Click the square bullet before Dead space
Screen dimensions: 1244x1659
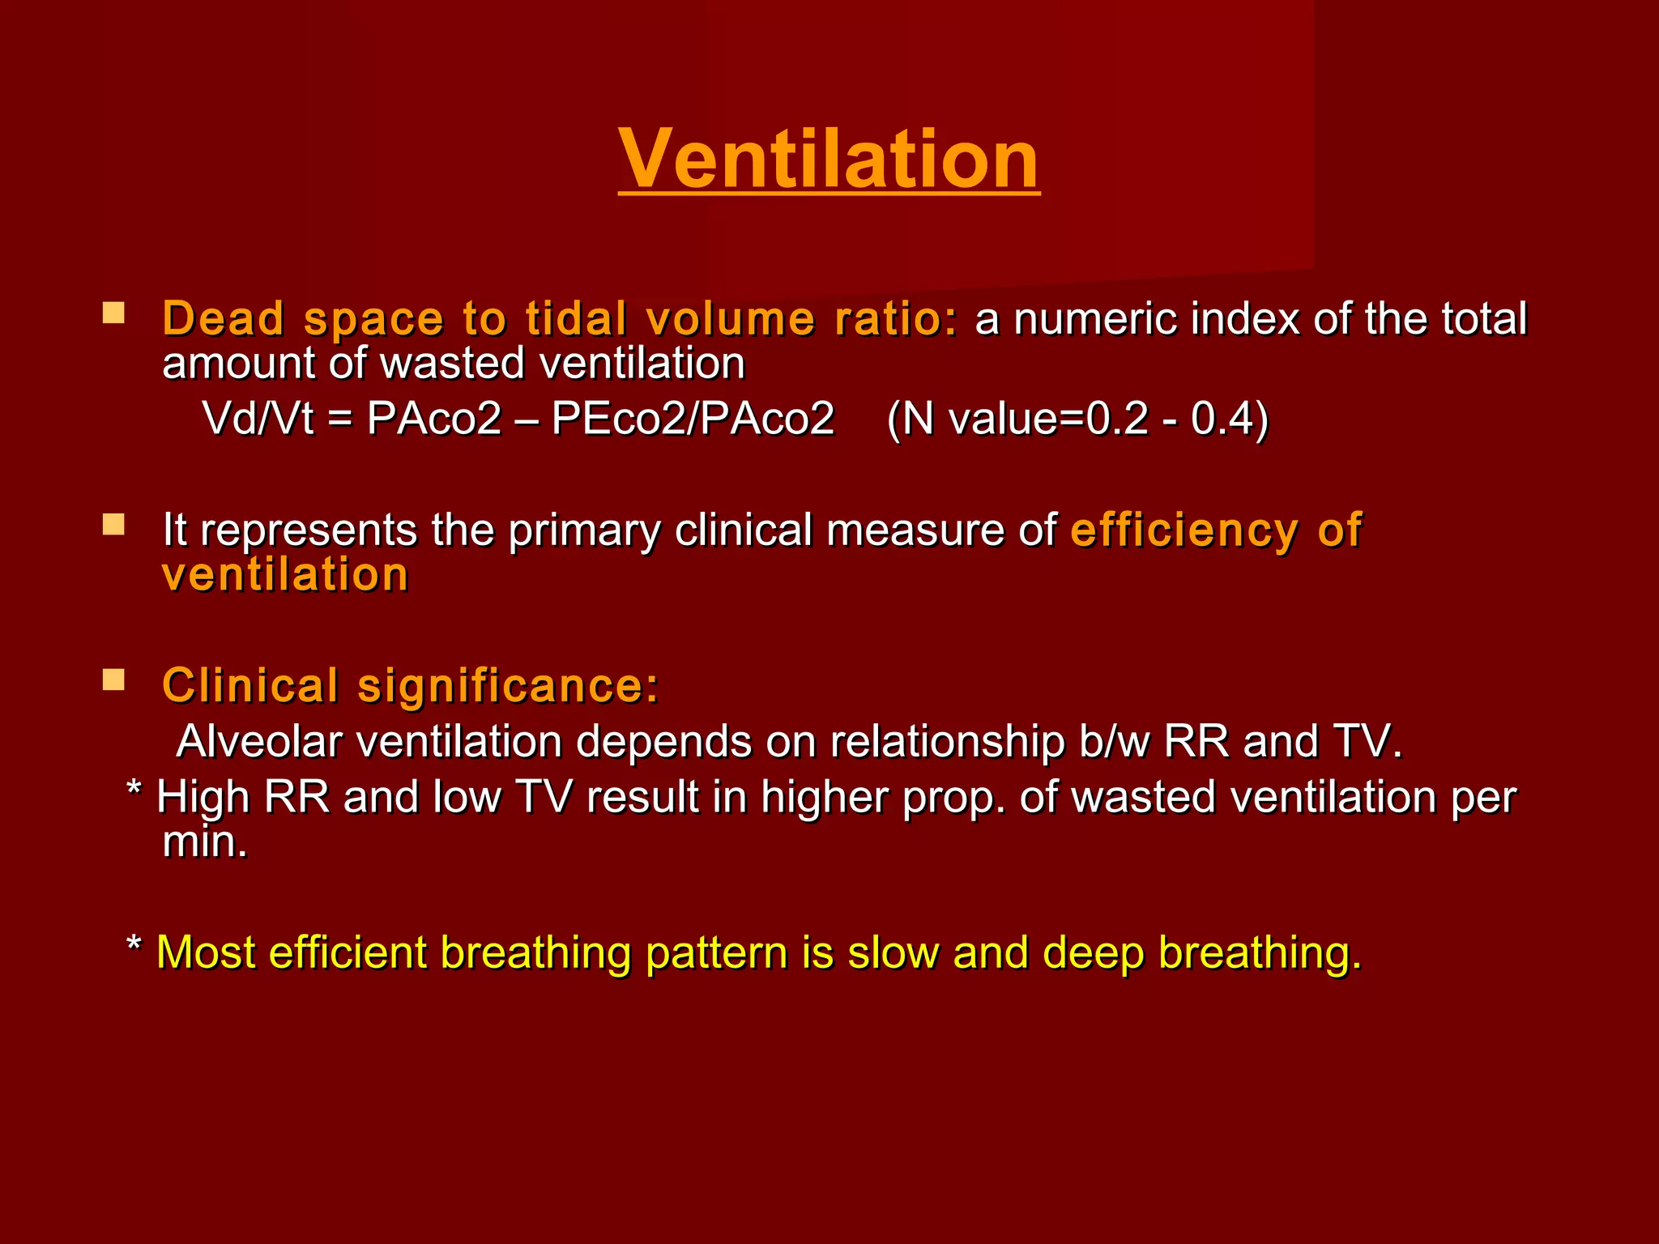[x=113, y=313]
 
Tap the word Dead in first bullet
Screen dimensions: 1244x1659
[x=223, y=318]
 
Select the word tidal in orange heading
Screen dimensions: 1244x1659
[x=575, y=318]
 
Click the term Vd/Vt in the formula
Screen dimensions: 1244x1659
[x=258, y=419]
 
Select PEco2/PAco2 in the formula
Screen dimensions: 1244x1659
[x=693, y=419]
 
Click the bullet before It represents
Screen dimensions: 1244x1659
[x=113, y=525]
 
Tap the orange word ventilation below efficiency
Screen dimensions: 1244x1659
[x=285, y=575]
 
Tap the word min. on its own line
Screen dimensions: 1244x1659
[x=204, y=842]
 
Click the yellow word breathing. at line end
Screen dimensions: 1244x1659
[x=1260, y=952]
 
